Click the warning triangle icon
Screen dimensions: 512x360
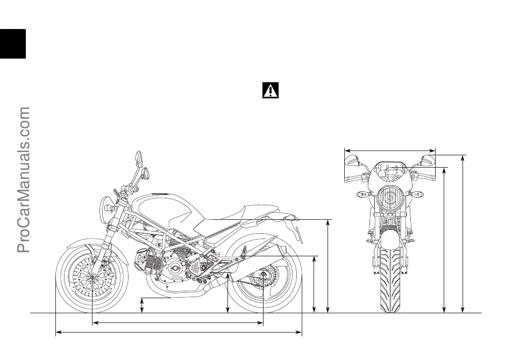coord(271,90)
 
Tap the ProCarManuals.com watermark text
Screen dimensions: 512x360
coord(24,180)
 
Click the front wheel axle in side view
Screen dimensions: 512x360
coord(93,277)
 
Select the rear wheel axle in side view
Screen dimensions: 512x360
coord(263,276)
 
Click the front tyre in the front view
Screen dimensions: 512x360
coord(390,279)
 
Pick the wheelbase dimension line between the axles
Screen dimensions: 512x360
coord(177,323)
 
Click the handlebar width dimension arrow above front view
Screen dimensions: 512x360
coord(390,150)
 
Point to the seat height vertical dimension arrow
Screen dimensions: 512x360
coord(328,265)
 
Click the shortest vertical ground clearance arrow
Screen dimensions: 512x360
coord(142,305)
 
